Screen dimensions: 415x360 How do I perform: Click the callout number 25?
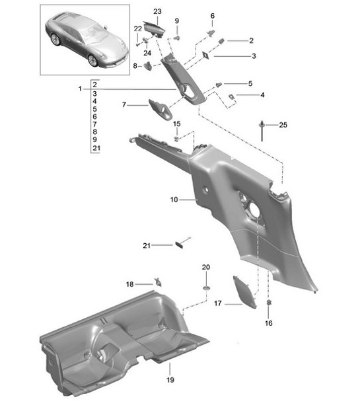pyautogui.click(x=283, y=125)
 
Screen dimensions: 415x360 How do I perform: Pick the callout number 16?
pyautogui.click(x=268, y=323)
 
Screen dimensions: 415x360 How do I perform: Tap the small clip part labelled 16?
pyautogui.click(x=269, y=303)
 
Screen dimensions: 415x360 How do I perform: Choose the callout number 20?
pyautogui.click(x=205, y=266)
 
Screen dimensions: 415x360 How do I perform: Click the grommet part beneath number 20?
pyautogui.click(x=205, y=289)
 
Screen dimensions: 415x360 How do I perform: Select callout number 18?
pyautogui.click(x=129, y=284)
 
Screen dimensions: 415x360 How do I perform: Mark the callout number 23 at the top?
pyautogui.click(x=157, y=11)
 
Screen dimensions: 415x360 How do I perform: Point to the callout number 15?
pyautogui.click(x=176, y=124)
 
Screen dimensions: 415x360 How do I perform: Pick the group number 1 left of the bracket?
pyautogui.click(x=80, y=89)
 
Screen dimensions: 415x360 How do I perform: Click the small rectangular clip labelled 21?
pyautogui.click(x=179, y=244)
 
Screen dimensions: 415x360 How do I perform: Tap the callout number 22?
pyautogui.click(x=137, y=28)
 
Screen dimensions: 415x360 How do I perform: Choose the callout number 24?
pyautogui.click(x=147, y=53)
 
